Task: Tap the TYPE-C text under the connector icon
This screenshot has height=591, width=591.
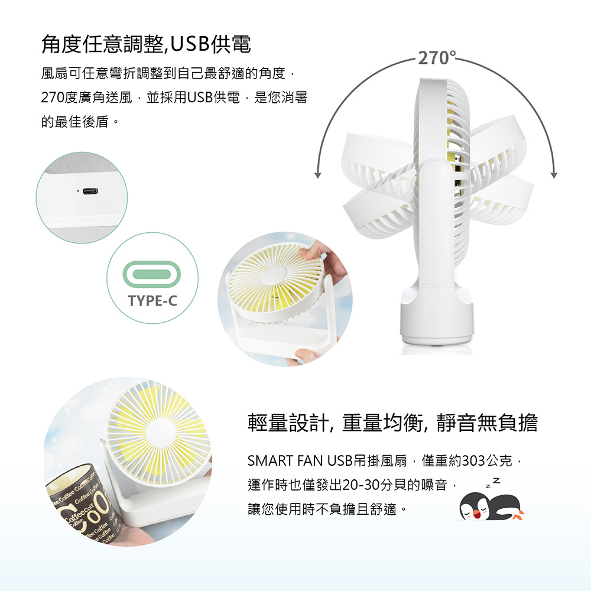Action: pyautogui.click(x=152, y=301)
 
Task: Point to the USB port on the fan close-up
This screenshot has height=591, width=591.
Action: pyautogui.click(x=90, y=191)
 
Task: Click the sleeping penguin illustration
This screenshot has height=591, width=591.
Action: pyautogui.click(x=491, y=507)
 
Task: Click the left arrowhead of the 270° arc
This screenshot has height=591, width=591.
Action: pyautogui.click(x=318, y=174)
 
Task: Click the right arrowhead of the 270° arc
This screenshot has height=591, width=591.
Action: pyautogui.click(x=554, y=174)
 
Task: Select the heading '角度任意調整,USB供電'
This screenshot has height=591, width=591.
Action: pyautogui.click(x=146, y=44)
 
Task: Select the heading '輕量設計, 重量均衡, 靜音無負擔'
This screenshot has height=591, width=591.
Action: pyautogui.click(x=392, y=423)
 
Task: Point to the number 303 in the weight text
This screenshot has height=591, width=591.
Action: pyautogui.click(x=473, y=460)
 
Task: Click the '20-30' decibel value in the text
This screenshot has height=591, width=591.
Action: pyautogui.click(x=362, y=485)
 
